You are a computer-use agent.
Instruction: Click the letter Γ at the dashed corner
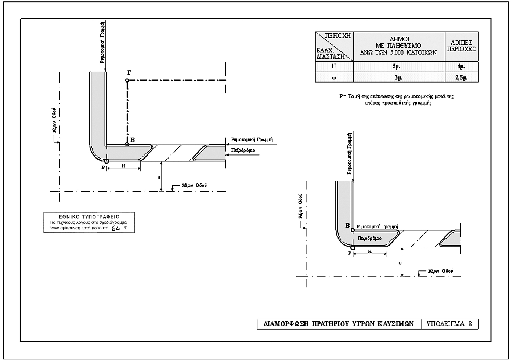[129, 73]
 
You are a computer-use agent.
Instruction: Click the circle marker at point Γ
[127, 80]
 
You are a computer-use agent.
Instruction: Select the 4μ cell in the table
[461, 67]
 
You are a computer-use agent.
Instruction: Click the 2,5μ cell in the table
[461, 77]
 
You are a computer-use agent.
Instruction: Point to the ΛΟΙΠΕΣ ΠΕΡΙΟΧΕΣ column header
[461, 46]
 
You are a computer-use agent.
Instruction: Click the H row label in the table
[334, 66]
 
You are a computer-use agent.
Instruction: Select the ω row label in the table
[334, 77]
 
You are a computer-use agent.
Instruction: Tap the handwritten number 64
[116, 228]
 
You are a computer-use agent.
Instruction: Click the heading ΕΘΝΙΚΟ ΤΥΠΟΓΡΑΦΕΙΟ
[89, 217]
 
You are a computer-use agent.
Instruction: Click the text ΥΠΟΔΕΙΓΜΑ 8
[449, 324]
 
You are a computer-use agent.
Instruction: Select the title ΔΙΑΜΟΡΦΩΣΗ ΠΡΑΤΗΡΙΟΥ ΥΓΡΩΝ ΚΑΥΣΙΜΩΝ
[339, 324]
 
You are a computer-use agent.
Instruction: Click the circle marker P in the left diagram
[106, 161]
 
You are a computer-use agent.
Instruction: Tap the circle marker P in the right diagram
[353, 248]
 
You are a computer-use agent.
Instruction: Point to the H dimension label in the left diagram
[123, 166]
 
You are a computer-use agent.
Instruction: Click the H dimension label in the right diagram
[370, 252]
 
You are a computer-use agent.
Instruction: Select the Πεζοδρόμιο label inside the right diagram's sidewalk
[369, 238]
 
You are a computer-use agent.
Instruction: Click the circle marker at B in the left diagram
[127, 145]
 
